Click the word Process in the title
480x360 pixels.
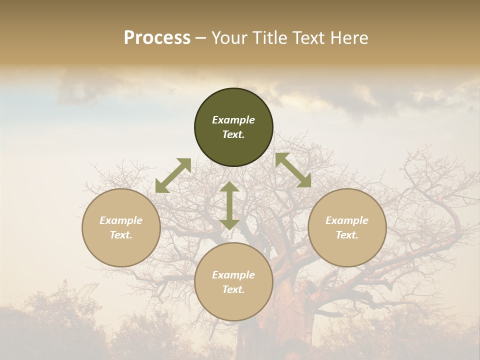(157, 38)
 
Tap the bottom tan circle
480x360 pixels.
(233, 305)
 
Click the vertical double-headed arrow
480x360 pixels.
(229, 205)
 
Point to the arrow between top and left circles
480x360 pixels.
(173, 175)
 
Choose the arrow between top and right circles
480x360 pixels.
(293, 170)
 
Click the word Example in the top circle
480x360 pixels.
(233, 120)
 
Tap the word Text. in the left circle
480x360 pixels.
(121, 235)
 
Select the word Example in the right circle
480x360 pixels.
(347, 220)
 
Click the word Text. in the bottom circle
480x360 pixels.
(233, 289)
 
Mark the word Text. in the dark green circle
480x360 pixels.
(233, 134)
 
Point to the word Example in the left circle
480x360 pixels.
(121, 220)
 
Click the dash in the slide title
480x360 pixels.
(201, 38)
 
